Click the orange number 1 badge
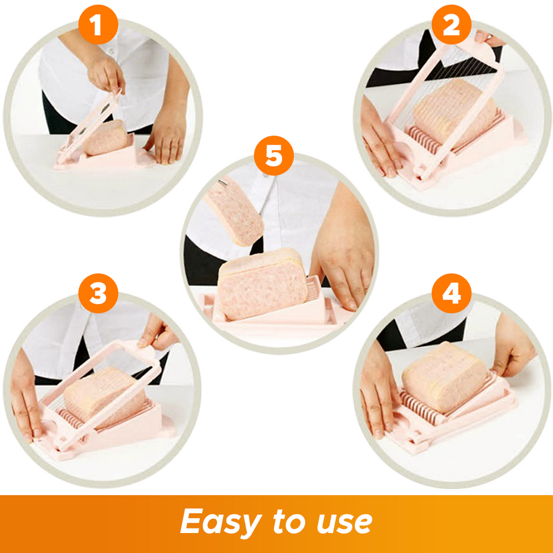tap(98, 24)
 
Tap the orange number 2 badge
tap(451, 24)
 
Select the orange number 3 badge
tap(98, 293)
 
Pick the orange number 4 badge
tap(451, 293)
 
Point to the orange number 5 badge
tap(274, 156)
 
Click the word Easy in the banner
tap(221, 522)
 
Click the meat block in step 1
tap(106, 138)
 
